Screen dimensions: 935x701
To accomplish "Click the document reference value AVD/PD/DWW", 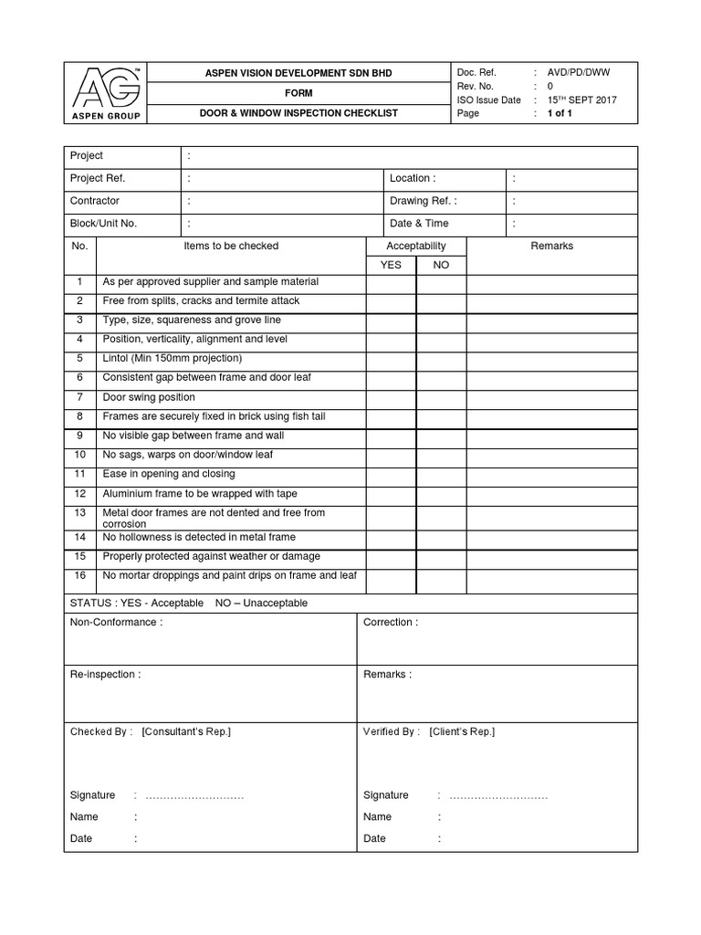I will click(x=579, y=72).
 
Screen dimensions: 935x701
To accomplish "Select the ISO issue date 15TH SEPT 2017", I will click(x=581, y=100).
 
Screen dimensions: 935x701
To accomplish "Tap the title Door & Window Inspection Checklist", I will click(x=299, y=113).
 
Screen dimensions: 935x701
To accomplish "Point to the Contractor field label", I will click(x=95, y=201).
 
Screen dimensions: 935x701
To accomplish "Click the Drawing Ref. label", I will click(x=424, y=201).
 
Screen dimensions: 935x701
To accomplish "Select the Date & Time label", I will click(x=419, y=224).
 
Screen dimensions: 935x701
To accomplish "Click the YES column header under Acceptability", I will click(x=391, y=265).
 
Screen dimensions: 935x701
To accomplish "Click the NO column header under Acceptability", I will click(x=441, y=265).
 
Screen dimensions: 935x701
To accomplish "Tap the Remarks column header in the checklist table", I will click(x=551, y=246).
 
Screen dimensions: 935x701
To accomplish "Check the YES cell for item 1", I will click(x=391, y=283).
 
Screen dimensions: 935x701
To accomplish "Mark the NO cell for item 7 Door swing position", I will click(x=441, y=398).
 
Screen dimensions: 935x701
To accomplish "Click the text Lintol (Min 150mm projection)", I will click(x=173, y=358).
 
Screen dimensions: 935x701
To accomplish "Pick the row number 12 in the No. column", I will click(x=79, y=493).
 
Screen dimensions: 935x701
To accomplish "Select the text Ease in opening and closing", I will click(x=169, y=474).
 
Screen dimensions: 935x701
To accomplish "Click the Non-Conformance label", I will click(x=116, y=623).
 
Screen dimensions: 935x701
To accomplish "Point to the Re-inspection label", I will click(x=105, y=675).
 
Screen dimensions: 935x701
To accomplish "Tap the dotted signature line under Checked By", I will click(x=194, y=796).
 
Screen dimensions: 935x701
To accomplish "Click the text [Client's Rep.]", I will click(x=462, y=731).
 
